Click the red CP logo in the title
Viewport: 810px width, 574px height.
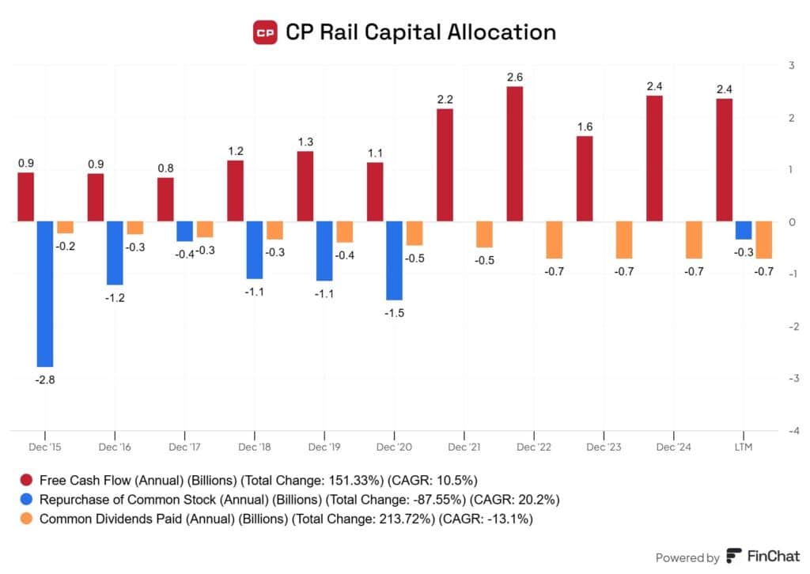(265, 33)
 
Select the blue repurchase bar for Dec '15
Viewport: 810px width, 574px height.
(45, 294)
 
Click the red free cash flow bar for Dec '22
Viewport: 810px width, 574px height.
(515, 153)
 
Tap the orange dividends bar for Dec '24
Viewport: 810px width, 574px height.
(694, 240)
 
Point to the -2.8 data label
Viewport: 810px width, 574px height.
(45, 380)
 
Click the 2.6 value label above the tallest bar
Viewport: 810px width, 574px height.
(515, 77)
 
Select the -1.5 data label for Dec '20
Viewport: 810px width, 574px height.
(394, 312)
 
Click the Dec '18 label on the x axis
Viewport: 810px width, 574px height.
(254, 447)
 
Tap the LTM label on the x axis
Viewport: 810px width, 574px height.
(744, 447)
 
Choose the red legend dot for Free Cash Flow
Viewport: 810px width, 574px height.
(27, 480)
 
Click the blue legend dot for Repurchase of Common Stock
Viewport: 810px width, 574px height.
(27, 500)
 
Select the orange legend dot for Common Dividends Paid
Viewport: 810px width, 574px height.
(27, 519)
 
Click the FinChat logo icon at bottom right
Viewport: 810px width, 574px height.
(734, 557)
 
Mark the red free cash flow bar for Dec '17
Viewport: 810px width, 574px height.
(165, 199)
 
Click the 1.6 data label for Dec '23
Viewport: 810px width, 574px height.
(585, 127)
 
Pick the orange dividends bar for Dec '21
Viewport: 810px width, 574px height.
(484, 235)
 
